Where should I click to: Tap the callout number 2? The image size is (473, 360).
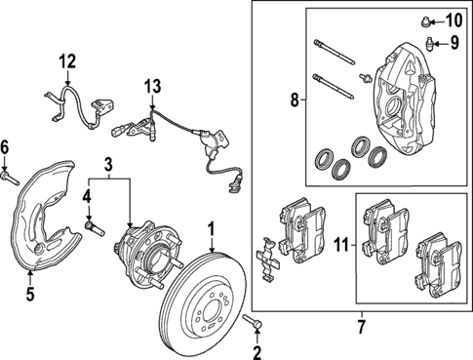(257, 352)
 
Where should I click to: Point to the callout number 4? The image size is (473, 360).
(87, 197)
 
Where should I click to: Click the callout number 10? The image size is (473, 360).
(454, 20)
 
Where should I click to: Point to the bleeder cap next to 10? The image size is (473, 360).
(427, 20)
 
